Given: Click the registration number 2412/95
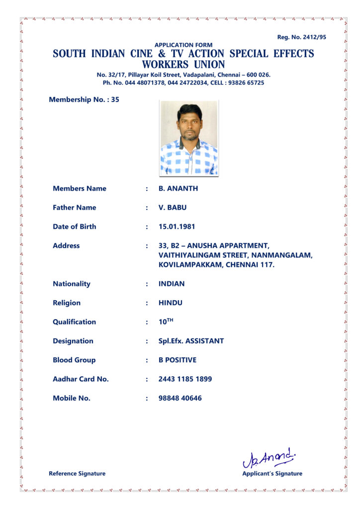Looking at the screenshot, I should (312, 37).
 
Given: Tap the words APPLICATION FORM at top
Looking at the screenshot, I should (183, 45).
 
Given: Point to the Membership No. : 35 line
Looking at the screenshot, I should (84, 99).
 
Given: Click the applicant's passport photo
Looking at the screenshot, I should (188, 138).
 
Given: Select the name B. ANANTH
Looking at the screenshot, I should (178, 188).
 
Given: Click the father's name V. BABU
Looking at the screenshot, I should (173, 207).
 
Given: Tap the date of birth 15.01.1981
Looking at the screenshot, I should (177, 227).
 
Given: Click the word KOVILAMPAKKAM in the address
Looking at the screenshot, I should (190, 265).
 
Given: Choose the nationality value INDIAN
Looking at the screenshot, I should (172, 284).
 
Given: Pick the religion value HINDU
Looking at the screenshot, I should (171, 303).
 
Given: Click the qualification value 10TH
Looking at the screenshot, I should (166, 322).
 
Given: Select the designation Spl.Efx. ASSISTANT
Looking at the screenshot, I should (191, 341).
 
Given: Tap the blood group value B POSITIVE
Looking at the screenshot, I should (178, 360).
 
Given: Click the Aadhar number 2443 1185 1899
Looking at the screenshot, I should (185, 379).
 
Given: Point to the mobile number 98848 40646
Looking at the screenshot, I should (180, 398).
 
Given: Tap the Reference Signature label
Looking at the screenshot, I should (77, 474).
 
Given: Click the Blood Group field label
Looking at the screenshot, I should (74, 360).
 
